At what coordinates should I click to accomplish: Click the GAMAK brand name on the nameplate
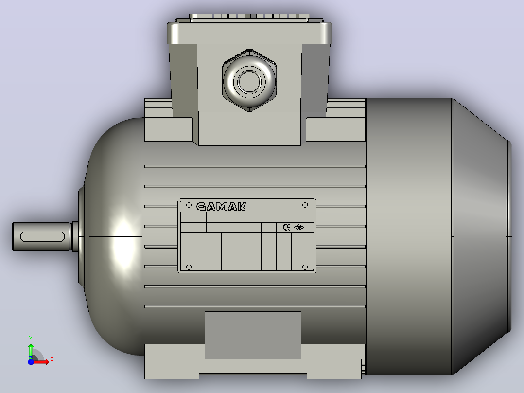pyautogui.click(x=221, y=207)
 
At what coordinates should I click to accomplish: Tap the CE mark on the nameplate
pyautogui.click(x=287, y=227)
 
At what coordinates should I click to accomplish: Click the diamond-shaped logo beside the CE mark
pyautogui.click(x=299, y=228)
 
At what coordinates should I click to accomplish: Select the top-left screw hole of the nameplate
pyautogui.click(x=189, y=205)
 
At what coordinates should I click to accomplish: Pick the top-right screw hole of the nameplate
pyautogui.click(x=305, y=205)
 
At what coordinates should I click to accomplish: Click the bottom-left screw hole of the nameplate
pyautogui.click(x=189, y=267)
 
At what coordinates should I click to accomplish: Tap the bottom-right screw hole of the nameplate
pyautogui.click(x=305, y=267)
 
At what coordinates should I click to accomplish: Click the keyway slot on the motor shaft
pyautogui.click(x=42, y=236)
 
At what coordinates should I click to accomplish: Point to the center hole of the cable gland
pyautogui.click(x=249, y=82)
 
